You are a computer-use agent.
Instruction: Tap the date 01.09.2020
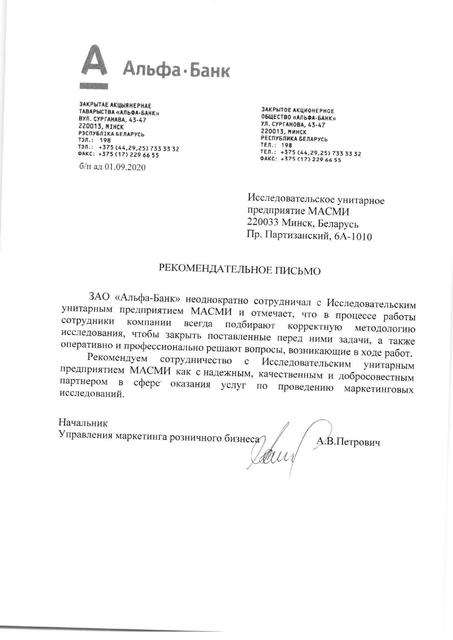[125, 167]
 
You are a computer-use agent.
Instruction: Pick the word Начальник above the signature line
[83, 423]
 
